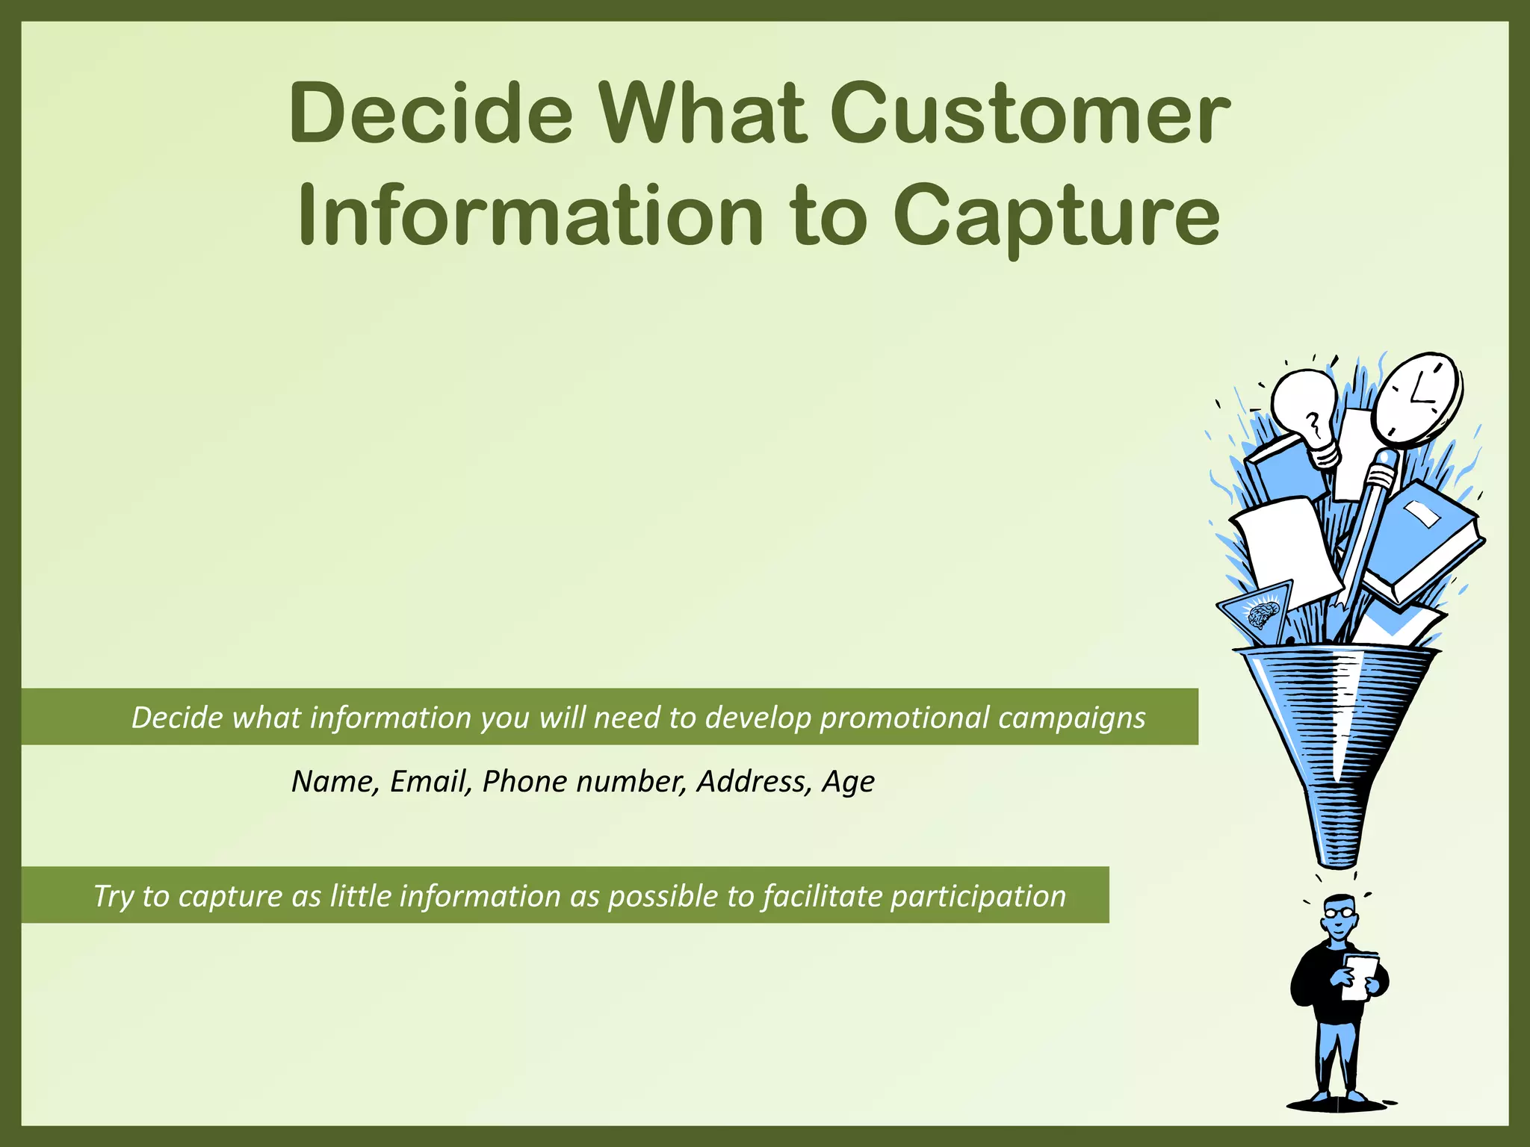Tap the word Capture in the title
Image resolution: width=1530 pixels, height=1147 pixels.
1057,217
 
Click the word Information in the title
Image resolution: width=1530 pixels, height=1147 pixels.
530,217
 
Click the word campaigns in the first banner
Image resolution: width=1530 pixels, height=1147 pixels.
1071,718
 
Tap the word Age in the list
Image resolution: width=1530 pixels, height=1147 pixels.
848,782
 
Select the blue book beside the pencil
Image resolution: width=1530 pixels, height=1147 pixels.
1419,538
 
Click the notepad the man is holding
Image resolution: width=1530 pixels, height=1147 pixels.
1359,975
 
